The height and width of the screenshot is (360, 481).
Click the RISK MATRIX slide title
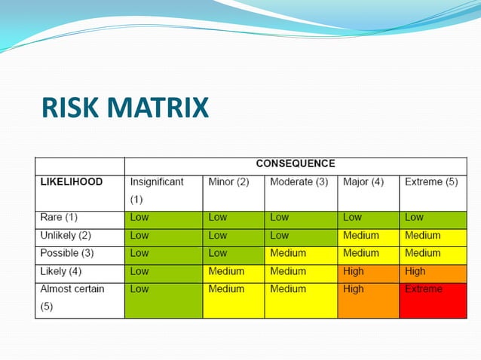125,108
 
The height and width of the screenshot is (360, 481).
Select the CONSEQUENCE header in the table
296,163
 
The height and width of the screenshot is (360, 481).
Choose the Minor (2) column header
228,182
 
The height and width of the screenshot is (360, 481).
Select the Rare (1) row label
59,218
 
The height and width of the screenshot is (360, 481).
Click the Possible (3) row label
66,253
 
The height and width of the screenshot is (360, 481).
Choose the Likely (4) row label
61,271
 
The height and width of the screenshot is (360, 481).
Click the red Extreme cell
433,299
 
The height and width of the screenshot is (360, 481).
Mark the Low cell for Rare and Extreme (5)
433,218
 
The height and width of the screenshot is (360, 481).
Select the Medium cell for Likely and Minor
233,271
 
